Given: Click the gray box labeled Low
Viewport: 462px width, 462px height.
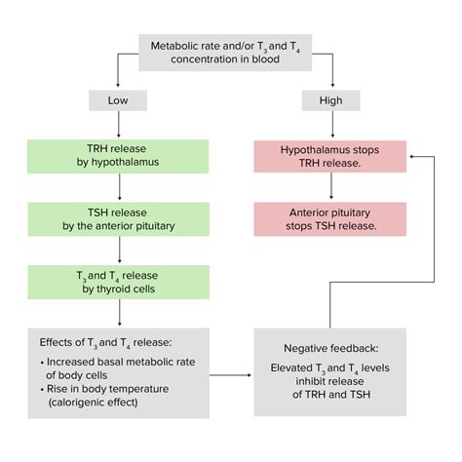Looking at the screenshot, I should [x=118, y=101].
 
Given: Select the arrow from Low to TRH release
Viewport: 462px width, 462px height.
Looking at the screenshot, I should [x=118, y=127].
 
